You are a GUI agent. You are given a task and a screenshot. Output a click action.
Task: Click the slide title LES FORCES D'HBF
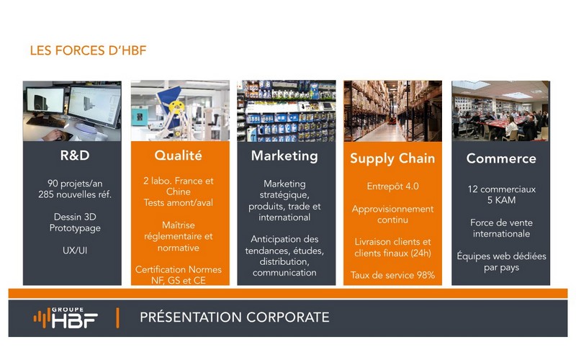pos(88,50)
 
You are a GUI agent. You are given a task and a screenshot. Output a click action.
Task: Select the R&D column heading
pos(75,155)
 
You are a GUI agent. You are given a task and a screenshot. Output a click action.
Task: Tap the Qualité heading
pos(178,156)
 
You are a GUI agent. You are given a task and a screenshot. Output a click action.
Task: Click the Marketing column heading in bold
pos(284,156)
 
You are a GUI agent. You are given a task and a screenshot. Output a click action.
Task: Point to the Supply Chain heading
pos(392,158)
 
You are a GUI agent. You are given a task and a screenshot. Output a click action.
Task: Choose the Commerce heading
pos(501,158)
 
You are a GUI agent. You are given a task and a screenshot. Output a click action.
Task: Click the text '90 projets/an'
pos(75,184)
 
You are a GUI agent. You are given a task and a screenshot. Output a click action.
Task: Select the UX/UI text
pos(75,250)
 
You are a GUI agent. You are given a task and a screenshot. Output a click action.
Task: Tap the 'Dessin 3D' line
pos(75,217)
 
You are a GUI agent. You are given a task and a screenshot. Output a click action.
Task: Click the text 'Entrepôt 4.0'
pos(392,186)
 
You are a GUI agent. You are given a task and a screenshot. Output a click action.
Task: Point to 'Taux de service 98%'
pos(392,275)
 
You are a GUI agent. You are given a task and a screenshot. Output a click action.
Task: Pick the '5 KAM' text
pos(501,200)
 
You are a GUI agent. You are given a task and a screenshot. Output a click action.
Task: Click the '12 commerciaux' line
pos(501,189)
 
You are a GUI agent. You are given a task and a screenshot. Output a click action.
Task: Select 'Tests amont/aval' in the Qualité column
pos(178,203)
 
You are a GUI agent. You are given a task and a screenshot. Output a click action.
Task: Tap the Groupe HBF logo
pos(66,318)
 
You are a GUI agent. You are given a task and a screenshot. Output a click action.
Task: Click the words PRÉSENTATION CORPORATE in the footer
pos(235,318)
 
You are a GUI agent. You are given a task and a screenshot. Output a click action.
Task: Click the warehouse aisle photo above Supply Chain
pos(392,111)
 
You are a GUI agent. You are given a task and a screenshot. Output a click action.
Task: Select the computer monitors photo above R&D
pos(72,111)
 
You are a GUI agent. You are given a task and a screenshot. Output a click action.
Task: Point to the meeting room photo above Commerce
pos(500,111)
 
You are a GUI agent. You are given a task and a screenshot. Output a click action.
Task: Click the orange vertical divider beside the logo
pos(117,318)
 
